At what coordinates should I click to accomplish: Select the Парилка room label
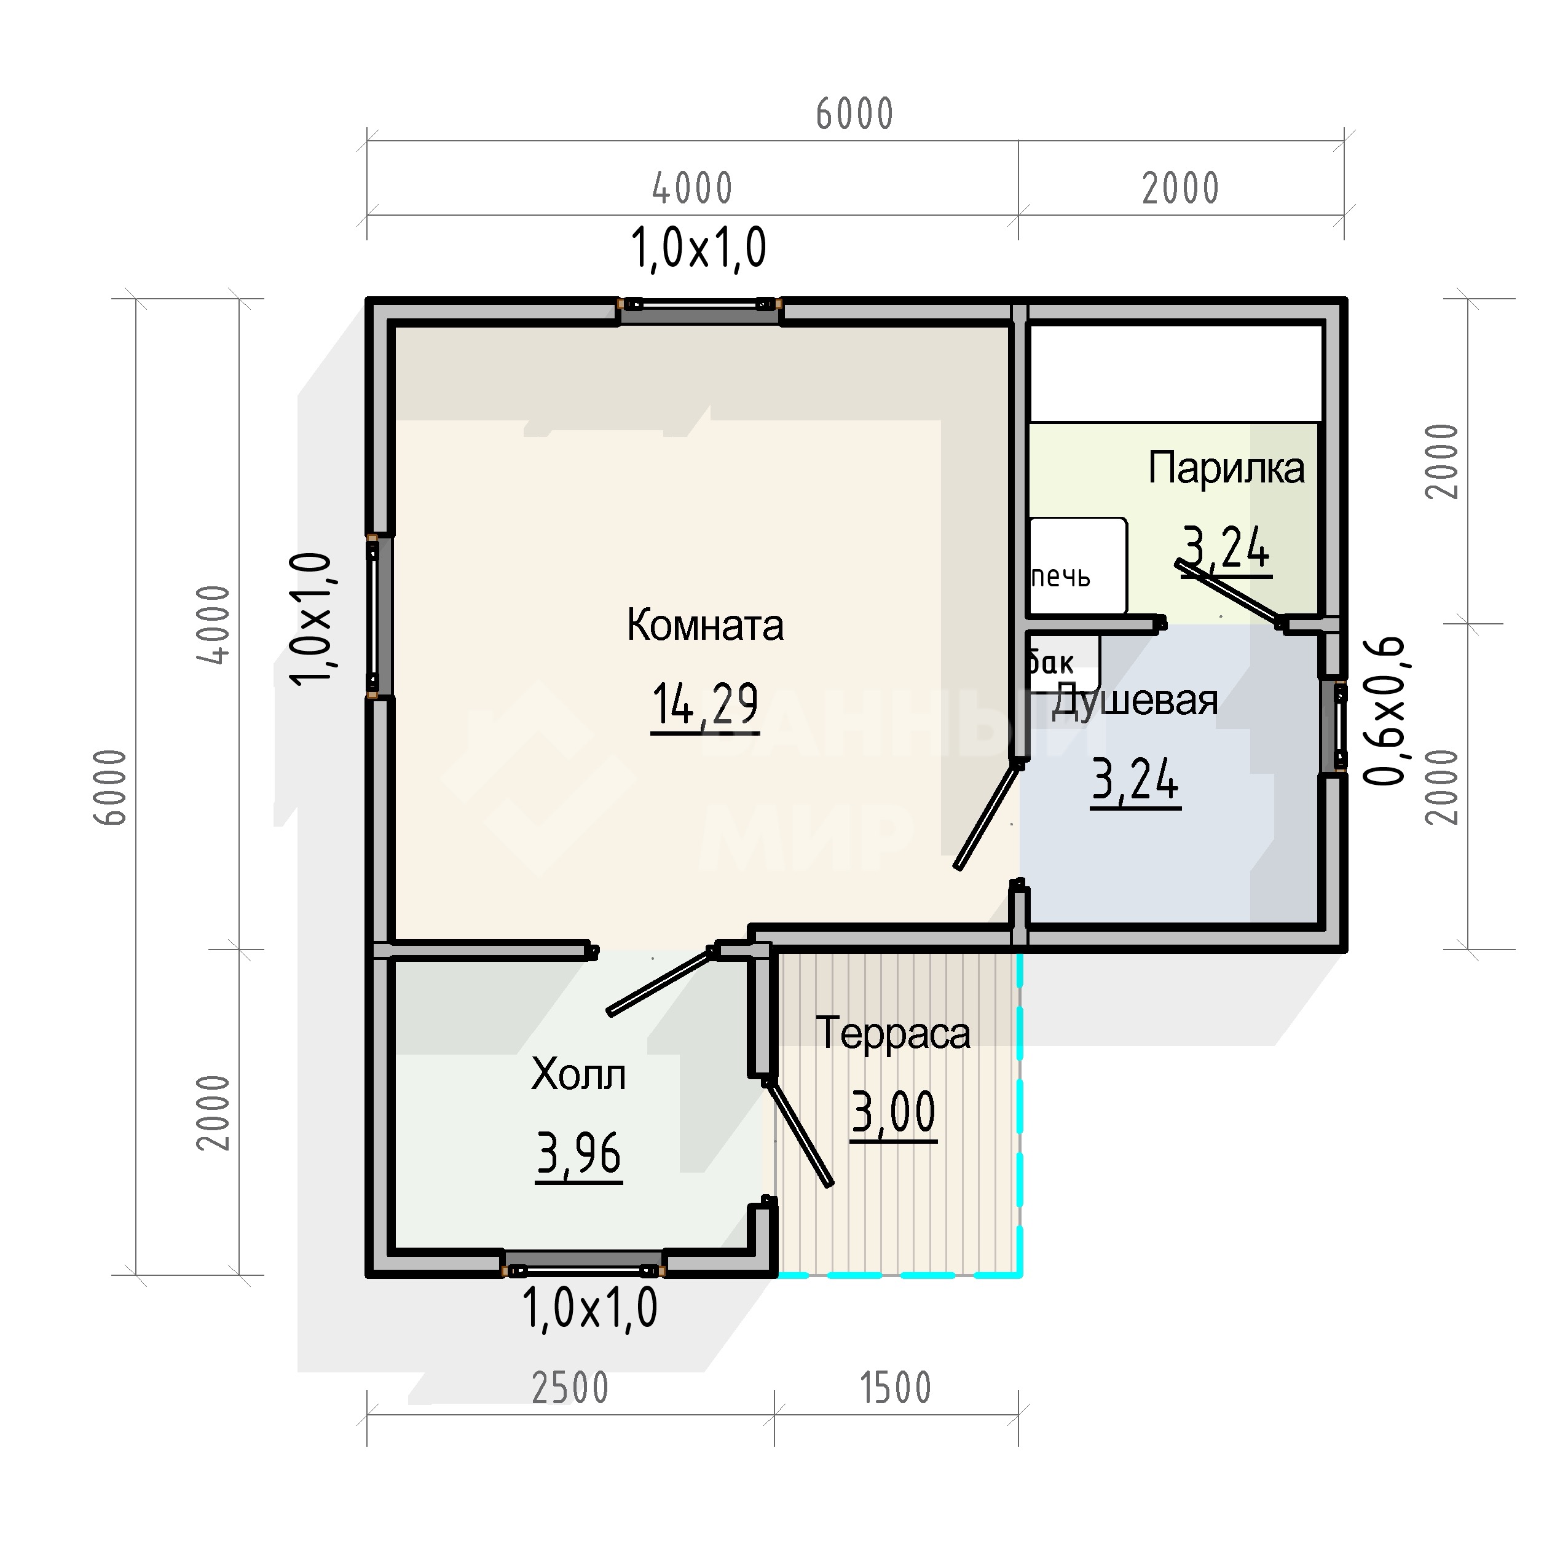pyautogui.click(x=1226, y=468)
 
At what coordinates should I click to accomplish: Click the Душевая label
pyautogui.click(x=1134, y=701)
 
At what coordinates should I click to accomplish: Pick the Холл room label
pyautogui.click(x=578, y=1075)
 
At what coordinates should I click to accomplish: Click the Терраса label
pyautogui.click(x=893, y=1033)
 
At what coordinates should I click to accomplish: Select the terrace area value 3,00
pyautogui.click(x=893, y=1113)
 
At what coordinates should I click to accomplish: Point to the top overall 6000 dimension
pyautogui.click(x=854, y=114)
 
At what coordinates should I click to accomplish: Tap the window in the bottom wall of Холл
pyautogui.click(x=584, y=1264)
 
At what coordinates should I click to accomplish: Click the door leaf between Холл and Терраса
pyautogui.click(x=798, y=1132)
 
